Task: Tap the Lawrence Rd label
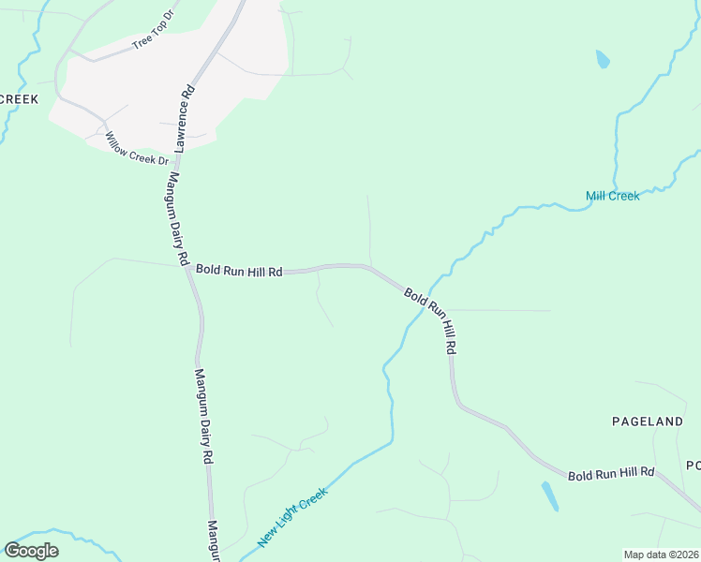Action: point(185,117)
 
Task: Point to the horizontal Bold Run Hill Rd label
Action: point(239,271)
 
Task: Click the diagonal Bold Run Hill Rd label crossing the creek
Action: point(433,319)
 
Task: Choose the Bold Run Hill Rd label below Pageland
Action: point(611,473)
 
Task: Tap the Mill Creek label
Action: point(612,196)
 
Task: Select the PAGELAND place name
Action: point(648,421)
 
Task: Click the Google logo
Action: point(31,551)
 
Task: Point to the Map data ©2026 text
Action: point(660,555)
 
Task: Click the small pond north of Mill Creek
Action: point(602,60)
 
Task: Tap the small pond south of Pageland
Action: point(549,495)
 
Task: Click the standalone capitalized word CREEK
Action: point(19,99)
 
